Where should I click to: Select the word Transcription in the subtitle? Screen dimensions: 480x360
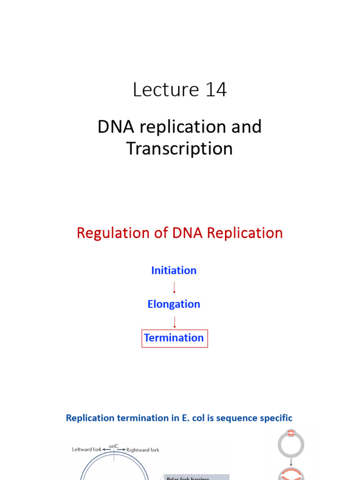coord(180,149)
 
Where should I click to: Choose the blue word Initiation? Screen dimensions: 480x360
coord(174,270)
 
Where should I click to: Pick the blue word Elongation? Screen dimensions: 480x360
coord(174,304)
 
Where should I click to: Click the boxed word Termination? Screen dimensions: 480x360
coord(174,338)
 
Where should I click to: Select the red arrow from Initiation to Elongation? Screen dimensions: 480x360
coord(174,287)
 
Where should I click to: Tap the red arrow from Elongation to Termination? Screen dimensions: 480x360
coord(174,322)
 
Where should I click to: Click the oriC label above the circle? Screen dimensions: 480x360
coord(114,446)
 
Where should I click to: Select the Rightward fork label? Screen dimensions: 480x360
coord(142,450)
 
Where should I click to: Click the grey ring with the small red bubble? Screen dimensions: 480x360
coord(291,443)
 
